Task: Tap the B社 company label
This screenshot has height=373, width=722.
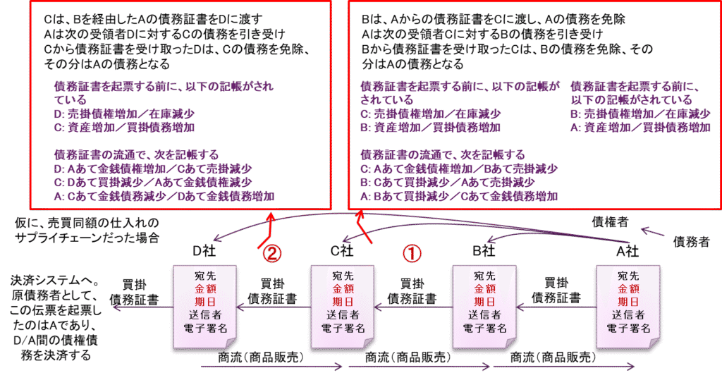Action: click(x=484, y=252)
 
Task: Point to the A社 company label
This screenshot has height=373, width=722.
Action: click(x=627, y=252)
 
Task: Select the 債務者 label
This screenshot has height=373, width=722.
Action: click(x=692, y=242)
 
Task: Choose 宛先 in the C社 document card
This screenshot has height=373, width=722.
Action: click(x=343, y=275)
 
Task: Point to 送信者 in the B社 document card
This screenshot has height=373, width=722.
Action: click(x=484, y=315)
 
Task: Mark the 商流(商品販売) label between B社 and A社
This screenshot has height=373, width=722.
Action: click(x=550, y=357)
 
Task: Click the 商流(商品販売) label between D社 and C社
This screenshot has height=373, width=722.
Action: click(x=260, y=357)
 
